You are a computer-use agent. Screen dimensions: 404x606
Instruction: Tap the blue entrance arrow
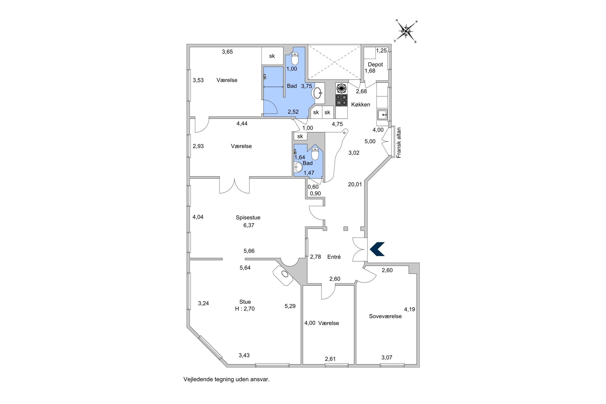click(377, 249)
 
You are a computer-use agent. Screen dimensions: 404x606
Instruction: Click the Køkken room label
click(360, 104)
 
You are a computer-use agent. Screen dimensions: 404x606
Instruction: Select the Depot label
click(375, 64)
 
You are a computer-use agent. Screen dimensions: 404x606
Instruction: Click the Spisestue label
click(248, 218)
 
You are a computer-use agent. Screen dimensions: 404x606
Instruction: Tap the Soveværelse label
click(385, 316)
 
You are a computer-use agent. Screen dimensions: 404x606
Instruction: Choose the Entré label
click(334, 257)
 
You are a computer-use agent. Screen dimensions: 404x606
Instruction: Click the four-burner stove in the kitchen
click(341, 100)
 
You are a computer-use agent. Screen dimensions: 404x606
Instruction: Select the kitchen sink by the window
click(382, 114)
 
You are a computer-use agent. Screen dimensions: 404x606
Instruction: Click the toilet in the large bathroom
click(295, 59)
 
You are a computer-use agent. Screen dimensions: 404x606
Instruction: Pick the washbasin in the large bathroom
click(317, 93)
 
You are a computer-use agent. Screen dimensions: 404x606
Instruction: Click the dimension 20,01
click(355, 184)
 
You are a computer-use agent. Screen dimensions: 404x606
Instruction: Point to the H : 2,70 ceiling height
click(245, 309)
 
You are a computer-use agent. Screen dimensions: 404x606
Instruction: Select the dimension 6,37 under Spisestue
click(248, 225)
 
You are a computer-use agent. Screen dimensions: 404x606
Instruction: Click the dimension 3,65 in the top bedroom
click(227, 52)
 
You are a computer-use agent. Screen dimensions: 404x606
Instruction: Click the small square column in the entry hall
click(346, 228)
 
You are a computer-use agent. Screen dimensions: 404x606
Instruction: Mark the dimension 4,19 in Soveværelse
click(409, 309)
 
